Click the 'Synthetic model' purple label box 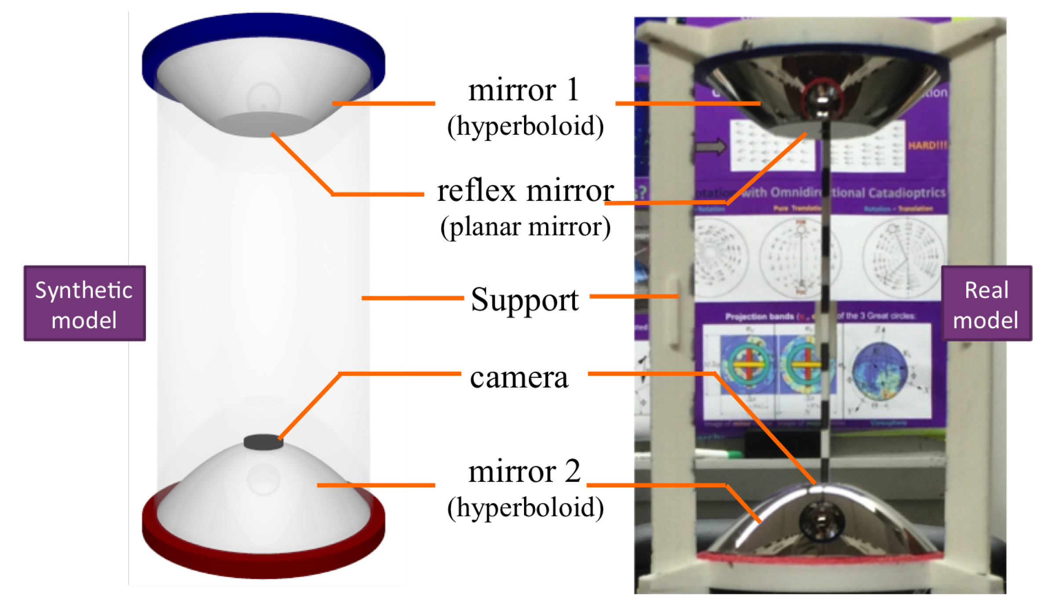(84, 303)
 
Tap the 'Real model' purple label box (986, 303)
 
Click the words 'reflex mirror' (525, 191)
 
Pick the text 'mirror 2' (524, 471)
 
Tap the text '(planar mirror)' (525, 227)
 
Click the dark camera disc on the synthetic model (263, 442)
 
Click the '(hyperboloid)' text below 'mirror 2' (525, 507)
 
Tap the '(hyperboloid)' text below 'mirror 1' (525, 126)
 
